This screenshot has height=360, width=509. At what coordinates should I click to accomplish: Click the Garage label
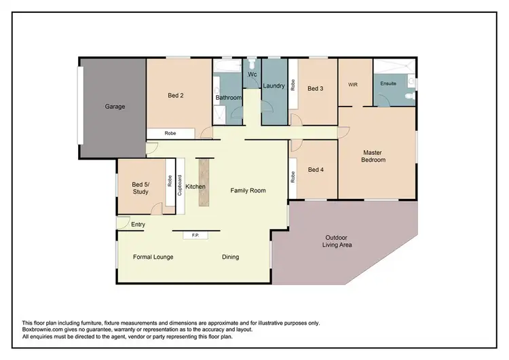(115, 107)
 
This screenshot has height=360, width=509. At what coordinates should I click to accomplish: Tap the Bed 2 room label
(176, 96)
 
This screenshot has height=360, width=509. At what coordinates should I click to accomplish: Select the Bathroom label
(229, 98)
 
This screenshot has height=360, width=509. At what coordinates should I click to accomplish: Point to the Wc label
(251, 74)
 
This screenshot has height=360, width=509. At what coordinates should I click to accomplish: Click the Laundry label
(274, 86)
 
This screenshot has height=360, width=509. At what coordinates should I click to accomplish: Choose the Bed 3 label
(315, 88)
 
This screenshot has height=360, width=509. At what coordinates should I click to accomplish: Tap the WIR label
(353, 85)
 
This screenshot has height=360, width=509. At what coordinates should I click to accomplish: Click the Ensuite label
(388, 85)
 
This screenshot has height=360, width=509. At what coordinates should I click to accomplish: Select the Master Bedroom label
(374, 156)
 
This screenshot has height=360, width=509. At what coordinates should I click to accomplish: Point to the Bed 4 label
(315, 170)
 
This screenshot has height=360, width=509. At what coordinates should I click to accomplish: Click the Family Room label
(247, 191)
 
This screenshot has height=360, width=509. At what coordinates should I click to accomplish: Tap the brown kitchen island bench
(202, 181)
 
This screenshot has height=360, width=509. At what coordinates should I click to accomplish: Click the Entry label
(138, 224)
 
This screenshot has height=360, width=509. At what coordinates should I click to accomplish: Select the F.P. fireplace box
(195, 235)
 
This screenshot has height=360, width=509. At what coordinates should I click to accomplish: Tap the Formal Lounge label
(153, 257)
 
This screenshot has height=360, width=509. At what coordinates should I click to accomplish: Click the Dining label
(231, 257)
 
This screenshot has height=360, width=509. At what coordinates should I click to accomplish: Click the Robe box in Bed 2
(170, 134)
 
